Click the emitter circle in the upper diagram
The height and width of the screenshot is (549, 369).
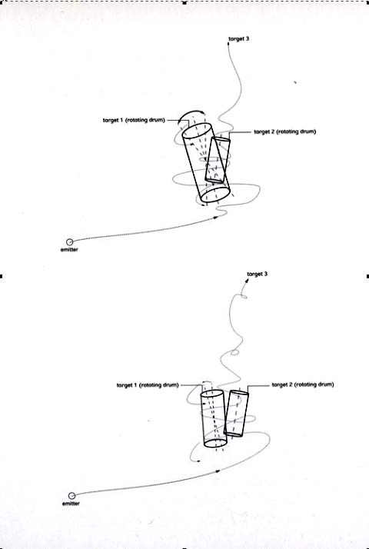[70, 242]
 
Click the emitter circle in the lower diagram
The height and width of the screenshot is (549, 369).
[71, 496]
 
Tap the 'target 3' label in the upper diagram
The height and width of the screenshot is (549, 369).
[239, 39]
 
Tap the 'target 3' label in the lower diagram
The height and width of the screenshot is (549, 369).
[258, 274]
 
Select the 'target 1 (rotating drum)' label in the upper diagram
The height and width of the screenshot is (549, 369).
[134, 120]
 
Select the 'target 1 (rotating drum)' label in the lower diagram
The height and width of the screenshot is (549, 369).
[148, 385]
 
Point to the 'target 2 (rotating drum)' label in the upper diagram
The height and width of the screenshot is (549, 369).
[285, 131]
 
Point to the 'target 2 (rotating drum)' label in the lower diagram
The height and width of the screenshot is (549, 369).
[303, 384]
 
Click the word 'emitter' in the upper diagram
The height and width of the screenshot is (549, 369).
[69, 250]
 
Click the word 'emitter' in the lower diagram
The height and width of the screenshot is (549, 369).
[71, 504]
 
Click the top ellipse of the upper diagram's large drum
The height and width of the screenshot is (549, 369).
[197, 131]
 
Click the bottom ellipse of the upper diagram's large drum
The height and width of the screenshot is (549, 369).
[215, 195]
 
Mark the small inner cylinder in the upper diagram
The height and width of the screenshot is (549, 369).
[218, 160]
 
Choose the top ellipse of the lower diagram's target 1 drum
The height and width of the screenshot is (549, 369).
[212, 394]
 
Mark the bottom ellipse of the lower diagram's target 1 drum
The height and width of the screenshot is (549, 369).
[215, 443]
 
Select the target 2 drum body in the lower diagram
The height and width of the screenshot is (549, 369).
[236, 414]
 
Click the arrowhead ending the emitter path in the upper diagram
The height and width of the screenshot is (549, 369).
[215, 218]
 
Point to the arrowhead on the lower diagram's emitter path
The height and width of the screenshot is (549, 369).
[218, 471]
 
